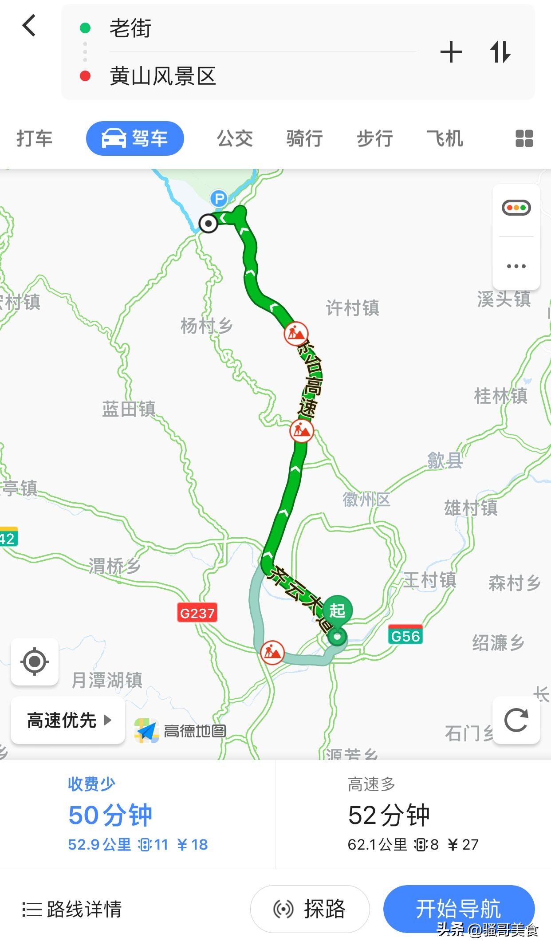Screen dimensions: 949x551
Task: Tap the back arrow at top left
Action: pos(29,25)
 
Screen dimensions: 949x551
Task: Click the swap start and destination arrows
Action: pos(500,52)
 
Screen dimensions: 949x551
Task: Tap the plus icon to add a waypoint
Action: pos(451,52)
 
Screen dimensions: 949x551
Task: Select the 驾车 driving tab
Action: pos(134,138)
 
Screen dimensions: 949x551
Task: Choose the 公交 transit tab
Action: pos(235,138)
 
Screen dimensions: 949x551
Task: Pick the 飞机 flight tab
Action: pos(445,138)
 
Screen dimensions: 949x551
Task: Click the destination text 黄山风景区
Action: pos(162,76)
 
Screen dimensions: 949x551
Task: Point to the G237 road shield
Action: pos(197,613)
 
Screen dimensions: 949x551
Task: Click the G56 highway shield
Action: pos(405,636)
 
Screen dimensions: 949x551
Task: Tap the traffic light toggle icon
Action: pos(516,208)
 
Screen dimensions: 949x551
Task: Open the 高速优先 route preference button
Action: pos(68,720)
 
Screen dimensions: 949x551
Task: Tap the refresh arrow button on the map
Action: pos(516,720)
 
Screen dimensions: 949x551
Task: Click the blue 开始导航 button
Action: pos(458,909)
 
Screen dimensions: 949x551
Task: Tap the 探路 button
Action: pos(310,909)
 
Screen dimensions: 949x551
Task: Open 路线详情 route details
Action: pos(72,909)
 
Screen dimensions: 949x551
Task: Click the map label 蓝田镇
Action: pos(129,409)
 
